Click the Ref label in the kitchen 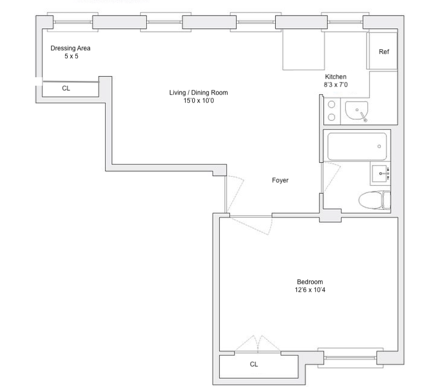pos(384,52)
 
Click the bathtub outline pos(357,146)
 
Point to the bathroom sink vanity pos(380,173)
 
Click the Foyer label pos(280,181)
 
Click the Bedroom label pos(310,282)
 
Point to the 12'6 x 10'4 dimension pos(310,290)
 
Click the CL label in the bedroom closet pos(254,364)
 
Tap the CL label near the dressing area pos(66,89)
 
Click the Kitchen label pos(336,77)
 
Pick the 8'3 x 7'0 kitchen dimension pos(336,85)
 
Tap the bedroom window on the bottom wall pos(350,357)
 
